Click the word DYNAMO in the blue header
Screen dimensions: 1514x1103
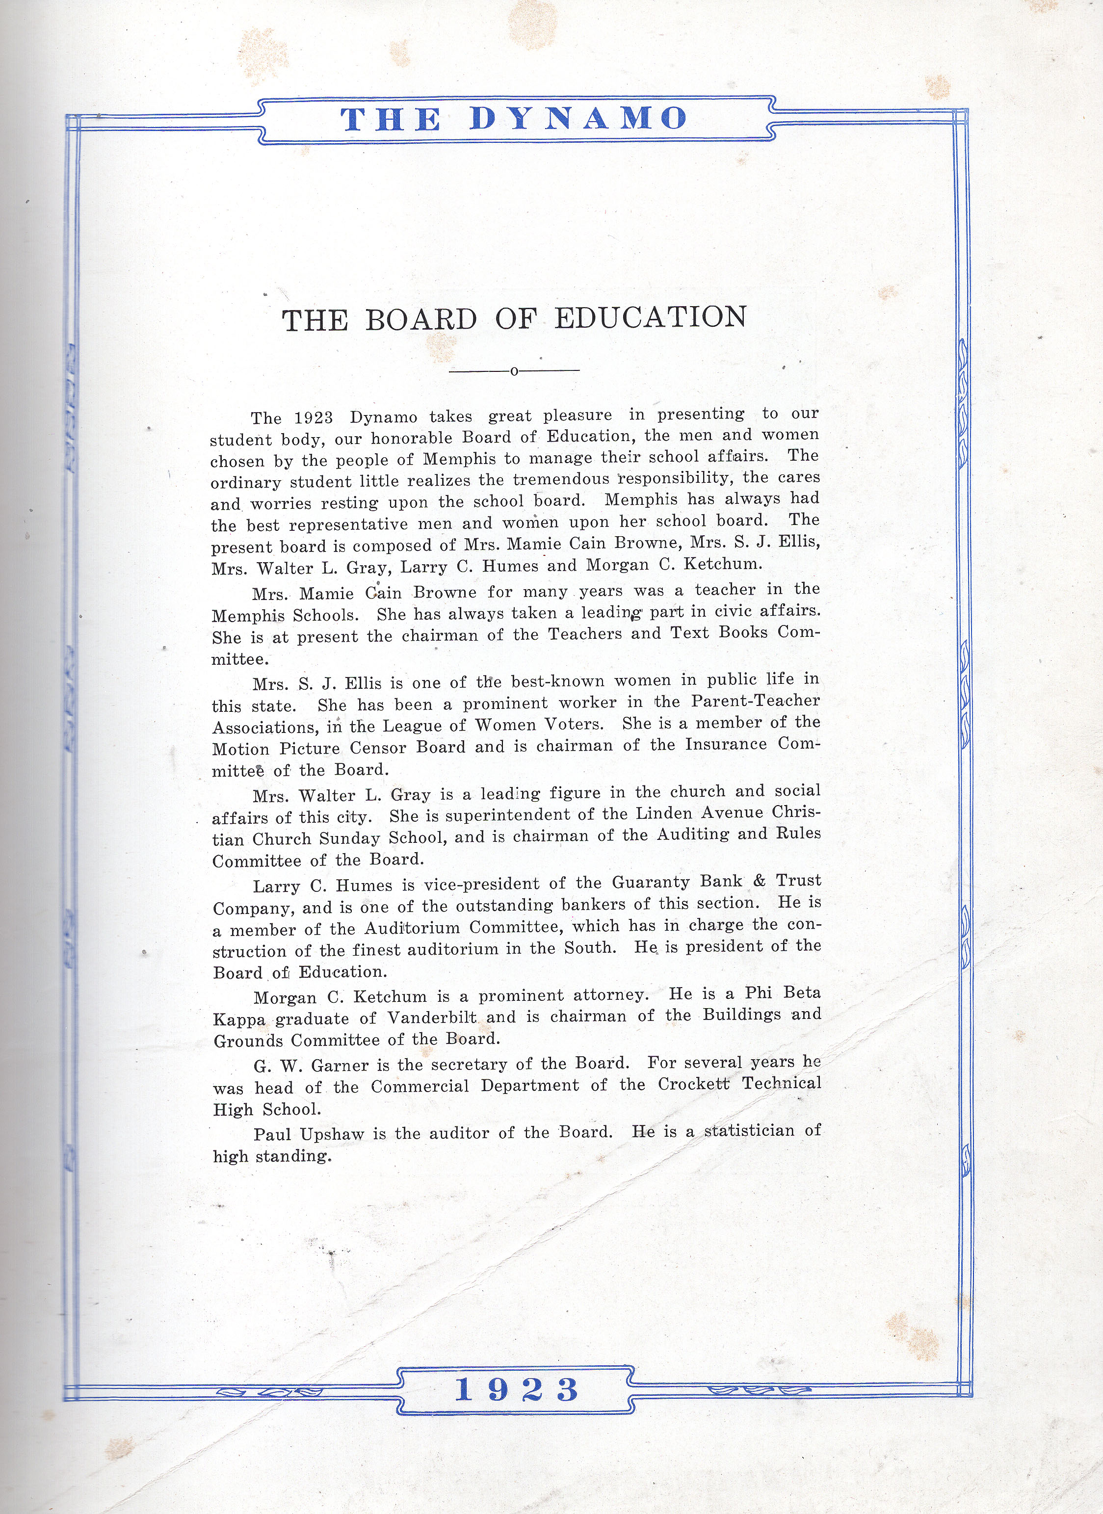point(578,119)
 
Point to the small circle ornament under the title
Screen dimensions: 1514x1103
point(513,371)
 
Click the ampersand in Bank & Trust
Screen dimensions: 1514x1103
point(759,881)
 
